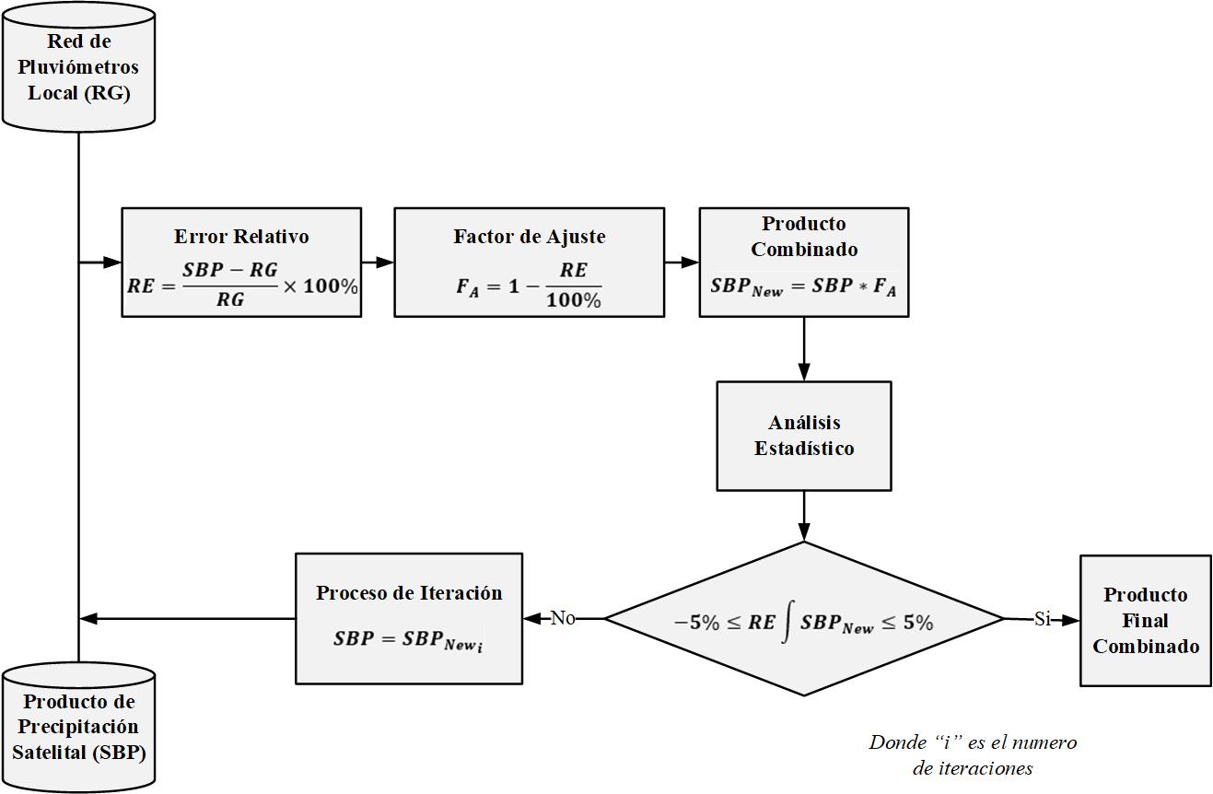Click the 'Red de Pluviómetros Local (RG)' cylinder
pos(78,67)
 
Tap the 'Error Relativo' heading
pos(241,237)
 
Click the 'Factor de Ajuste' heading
pos(529,237)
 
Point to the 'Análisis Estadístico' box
pos(804,436)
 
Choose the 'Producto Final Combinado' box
pos(1145,620)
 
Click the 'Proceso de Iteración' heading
pos(409,592)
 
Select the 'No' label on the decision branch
pos(563,618)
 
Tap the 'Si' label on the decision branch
pos(1042,619)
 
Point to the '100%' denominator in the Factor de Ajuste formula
pos(572,300)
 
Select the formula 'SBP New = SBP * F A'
pos(803,286)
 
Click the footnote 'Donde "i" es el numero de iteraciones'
pos(973,754)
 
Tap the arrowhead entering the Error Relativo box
pos(114,263)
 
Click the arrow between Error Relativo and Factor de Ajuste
pos(378,263)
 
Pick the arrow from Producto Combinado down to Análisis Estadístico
pos(804,349)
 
